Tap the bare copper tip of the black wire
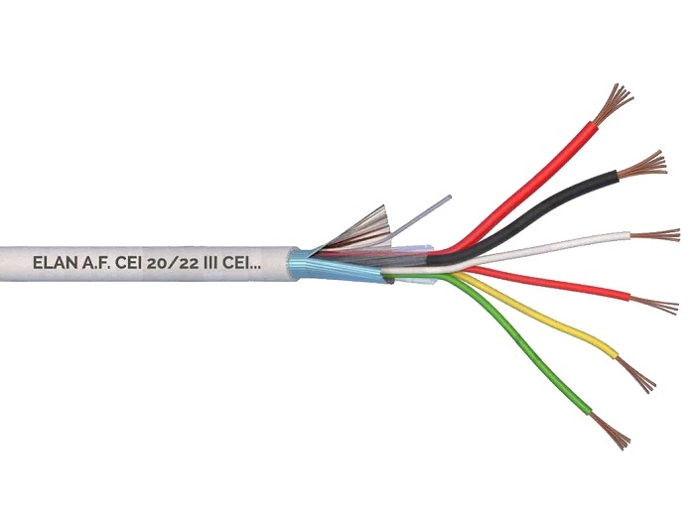click(x=641, y=165)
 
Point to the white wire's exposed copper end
click(x=655, y=235)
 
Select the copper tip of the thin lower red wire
click(x=653, y=305)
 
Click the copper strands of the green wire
click(x=611, y=431)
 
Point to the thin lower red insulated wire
click(x=550, y=283)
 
